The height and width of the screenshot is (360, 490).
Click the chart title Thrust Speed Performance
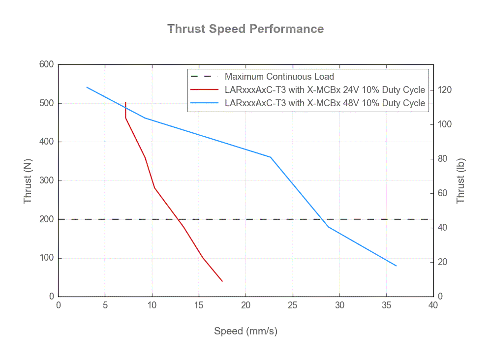pos(245,29)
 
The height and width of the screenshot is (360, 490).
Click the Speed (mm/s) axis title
pos(245,331)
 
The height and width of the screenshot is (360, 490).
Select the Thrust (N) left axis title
pos(28,180)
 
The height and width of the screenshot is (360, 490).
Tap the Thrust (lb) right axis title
pos(460,180)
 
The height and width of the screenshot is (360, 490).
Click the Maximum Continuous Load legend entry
pos(279,77)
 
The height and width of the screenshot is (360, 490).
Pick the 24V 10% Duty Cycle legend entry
pos(324,90)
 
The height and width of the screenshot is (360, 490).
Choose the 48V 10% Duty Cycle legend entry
pos(324,103)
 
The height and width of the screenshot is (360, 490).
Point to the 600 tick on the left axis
pos(47,64)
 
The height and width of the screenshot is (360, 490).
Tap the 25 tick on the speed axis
pos(293,305)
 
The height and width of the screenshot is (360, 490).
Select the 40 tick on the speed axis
pos(433,305)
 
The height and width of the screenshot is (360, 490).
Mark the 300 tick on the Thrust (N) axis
pos(47,180)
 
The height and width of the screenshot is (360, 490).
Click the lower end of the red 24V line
pos(222,281)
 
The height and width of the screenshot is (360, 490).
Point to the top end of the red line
pos(126,102)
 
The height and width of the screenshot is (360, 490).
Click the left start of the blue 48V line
pos(87,87)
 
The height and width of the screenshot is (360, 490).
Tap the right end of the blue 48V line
pos(396,266)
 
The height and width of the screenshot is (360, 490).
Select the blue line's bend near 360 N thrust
pos(271,157)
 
